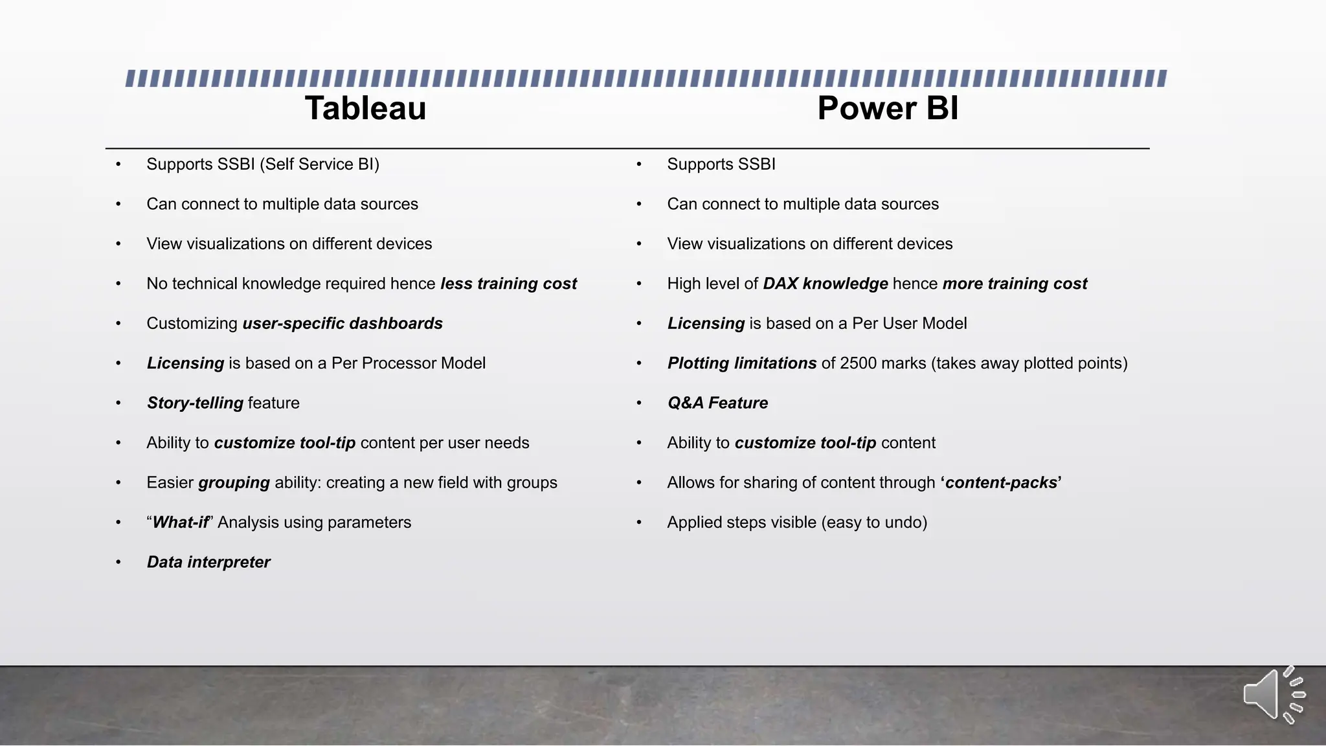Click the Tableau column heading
[365, 108]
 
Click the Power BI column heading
[888, 108]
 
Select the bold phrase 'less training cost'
[508, 284]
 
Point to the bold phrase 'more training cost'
[1015, 284]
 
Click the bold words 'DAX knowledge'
[826, 284]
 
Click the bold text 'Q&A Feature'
[717, 403]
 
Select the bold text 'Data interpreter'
[208, 562]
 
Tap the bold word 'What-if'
[181, 523]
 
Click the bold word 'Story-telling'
[195, 403]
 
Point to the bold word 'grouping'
[234, 482]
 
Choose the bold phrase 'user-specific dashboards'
[343, 323]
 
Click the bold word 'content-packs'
[1001, 482]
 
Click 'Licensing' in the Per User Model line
[706, 323]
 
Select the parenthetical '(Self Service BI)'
[319, 164]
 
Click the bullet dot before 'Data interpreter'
[118, 562]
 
